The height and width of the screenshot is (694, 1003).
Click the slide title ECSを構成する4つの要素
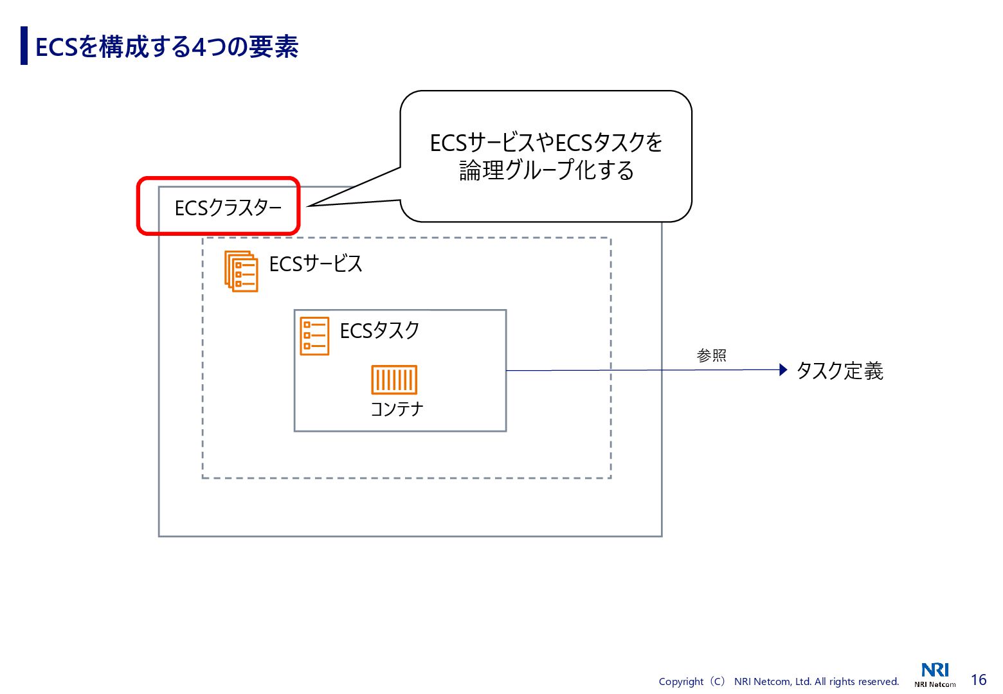pos(167,47)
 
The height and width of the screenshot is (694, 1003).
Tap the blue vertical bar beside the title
pos(24,46)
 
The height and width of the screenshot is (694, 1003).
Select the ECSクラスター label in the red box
pos(228,208)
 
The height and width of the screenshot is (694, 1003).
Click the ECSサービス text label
pos(316,264)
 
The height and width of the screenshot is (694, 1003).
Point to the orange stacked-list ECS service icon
pos(241,271)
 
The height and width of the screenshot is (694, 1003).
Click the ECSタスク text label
pos(379,331)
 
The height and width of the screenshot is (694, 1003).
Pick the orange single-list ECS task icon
pos(314,336)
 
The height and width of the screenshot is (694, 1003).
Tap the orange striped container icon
pos(394,380)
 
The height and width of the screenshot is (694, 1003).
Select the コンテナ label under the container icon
pos(397,409)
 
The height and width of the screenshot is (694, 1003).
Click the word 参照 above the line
pos(711,355)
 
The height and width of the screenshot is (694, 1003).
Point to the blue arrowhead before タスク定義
pos(782,369)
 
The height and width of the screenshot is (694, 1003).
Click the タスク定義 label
pos(839,371)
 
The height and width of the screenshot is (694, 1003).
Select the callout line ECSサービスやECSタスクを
pos(546,143)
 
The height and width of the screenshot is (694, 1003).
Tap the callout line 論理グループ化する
pos(546,171)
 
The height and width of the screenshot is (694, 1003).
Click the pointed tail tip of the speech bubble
pos(309,206)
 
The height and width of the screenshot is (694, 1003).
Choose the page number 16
pos(978,680)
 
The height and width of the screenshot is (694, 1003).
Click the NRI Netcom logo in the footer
pos(935,675)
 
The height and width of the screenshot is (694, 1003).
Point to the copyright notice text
pos(779,681)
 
